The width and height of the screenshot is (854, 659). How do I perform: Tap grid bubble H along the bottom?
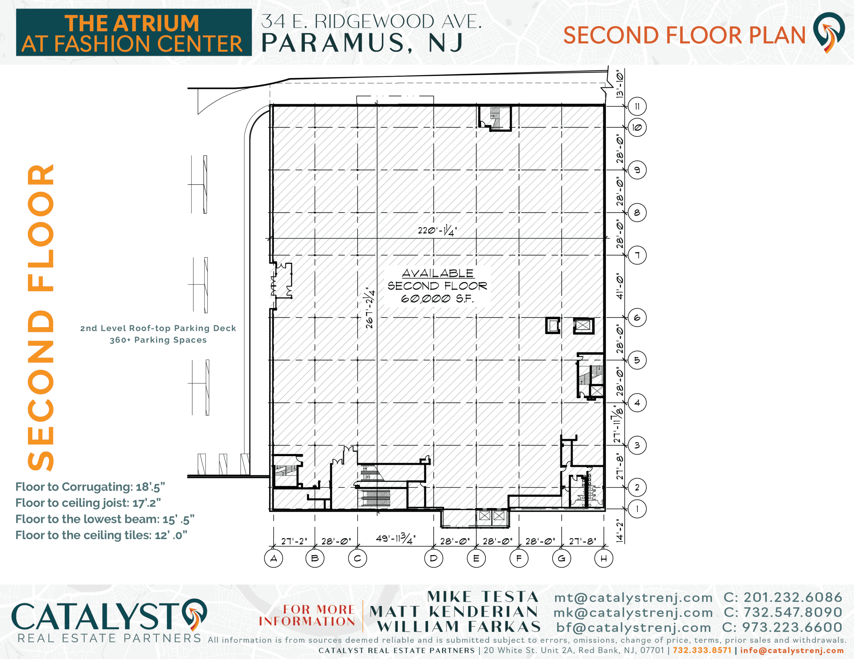604,558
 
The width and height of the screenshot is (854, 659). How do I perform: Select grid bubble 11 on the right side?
637,106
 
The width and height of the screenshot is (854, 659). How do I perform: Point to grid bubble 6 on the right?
637,318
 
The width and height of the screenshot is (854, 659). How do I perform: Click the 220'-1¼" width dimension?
437,231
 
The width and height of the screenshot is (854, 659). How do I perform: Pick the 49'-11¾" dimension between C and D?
395,539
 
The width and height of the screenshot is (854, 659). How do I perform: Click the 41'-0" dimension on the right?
619,286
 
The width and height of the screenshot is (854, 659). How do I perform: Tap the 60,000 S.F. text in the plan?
437,299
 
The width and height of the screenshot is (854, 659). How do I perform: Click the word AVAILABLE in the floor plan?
438,273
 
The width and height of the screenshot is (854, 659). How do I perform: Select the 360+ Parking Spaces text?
158,340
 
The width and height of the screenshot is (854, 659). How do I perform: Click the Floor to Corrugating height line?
90,487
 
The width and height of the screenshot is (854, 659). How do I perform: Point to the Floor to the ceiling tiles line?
101,535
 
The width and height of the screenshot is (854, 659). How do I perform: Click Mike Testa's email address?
633,598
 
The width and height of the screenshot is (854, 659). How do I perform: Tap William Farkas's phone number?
782,627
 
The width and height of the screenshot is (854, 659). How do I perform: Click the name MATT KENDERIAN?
454,612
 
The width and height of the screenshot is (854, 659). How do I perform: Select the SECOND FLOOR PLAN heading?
684,35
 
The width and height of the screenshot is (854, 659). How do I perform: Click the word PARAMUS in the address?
333,43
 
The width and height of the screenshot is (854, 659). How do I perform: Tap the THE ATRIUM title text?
132,23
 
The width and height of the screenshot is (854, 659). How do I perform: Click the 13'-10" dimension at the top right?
619,84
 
